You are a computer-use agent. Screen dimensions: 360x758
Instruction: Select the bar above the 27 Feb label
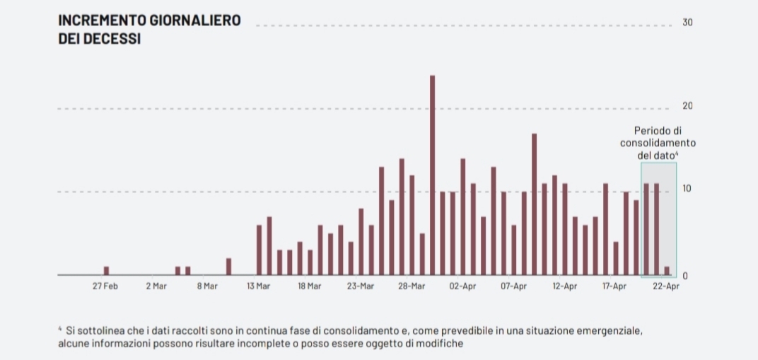pos(106,271)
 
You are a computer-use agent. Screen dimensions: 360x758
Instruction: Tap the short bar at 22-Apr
pos(667,271)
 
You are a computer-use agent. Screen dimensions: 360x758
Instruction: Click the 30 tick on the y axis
pos(687,23)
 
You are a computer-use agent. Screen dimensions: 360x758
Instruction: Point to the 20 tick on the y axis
pos(687,106)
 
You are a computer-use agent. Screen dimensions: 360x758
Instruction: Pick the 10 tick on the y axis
pos(687,189)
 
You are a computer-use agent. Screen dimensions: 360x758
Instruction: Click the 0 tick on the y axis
pos(684,276)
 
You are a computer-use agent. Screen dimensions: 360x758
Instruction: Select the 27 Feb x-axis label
pos(105,286)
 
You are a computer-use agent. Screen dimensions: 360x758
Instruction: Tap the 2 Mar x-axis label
pos(156,286)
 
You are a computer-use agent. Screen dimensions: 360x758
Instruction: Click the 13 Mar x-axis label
pos(258,286)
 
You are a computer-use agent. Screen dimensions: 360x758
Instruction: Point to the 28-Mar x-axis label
pos(412,286)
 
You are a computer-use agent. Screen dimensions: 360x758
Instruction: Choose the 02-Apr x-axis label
pos(462,286)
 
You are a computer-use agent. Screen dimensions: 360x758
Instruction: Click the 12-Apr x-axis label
pos(564,286)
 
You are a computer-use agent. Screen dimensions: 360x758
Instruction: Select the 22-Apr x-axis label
pos(666,286)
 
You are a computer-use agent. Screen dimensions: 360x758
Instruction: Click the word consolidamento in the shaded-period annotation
pos(658,143)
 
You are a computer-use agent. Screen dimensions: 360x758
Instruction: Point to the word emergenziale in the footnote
pos(612,330)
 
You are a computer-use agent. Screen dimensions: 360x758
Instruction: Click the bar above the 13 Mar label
pos(259,250)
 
